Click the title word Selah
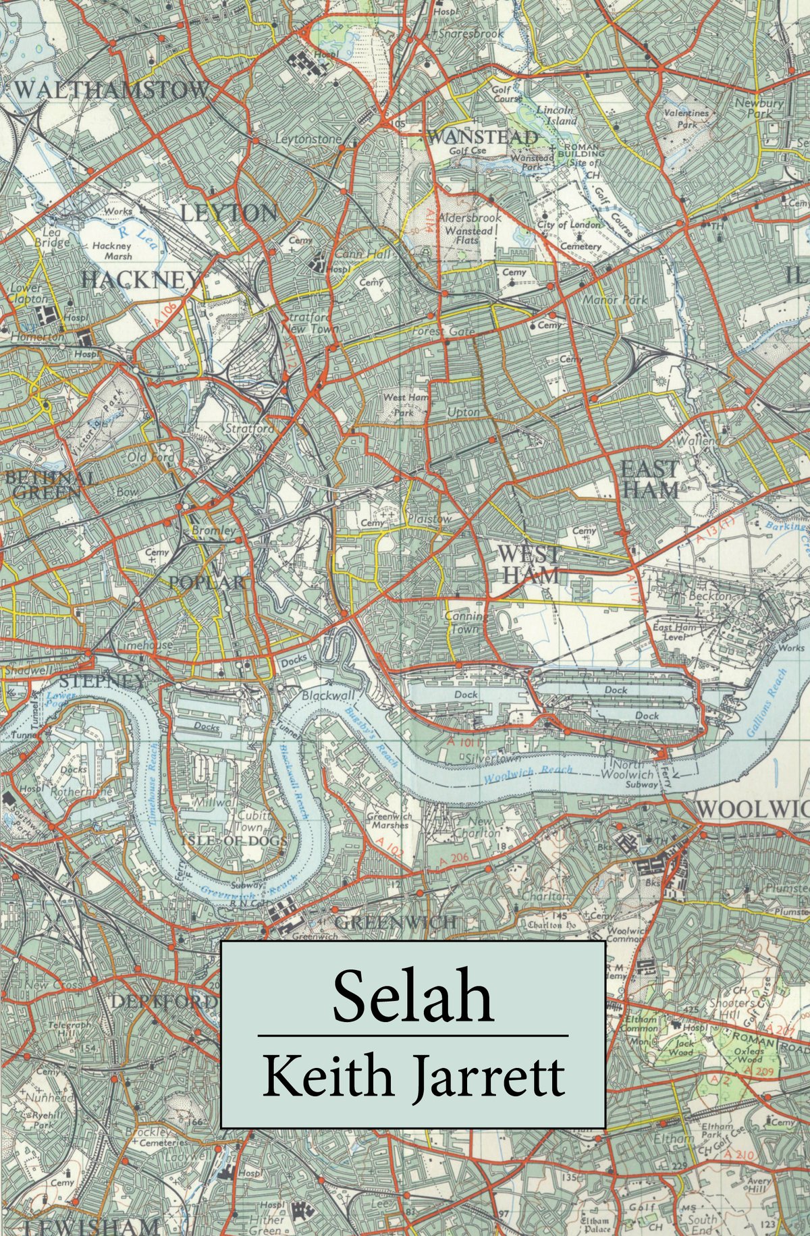click(x=412, y=996)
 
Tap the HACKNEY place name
click(x=140, y=279)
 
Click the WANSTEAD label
click(x=483, y=137)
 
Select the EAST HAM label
click(x=649, y=479)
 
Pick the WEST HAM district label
click(x=528, y=564)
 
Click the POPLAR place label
click(x=208, y=582)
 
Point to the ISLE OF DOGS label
click(x=234, y=840)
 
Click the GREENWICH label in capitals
click(x=394, y=922)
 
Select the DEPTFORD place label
click(x=164, y=1002)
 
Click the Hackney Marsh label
click(x=112, y=251)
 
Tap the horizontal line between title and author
click(x=412, y=1035)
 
